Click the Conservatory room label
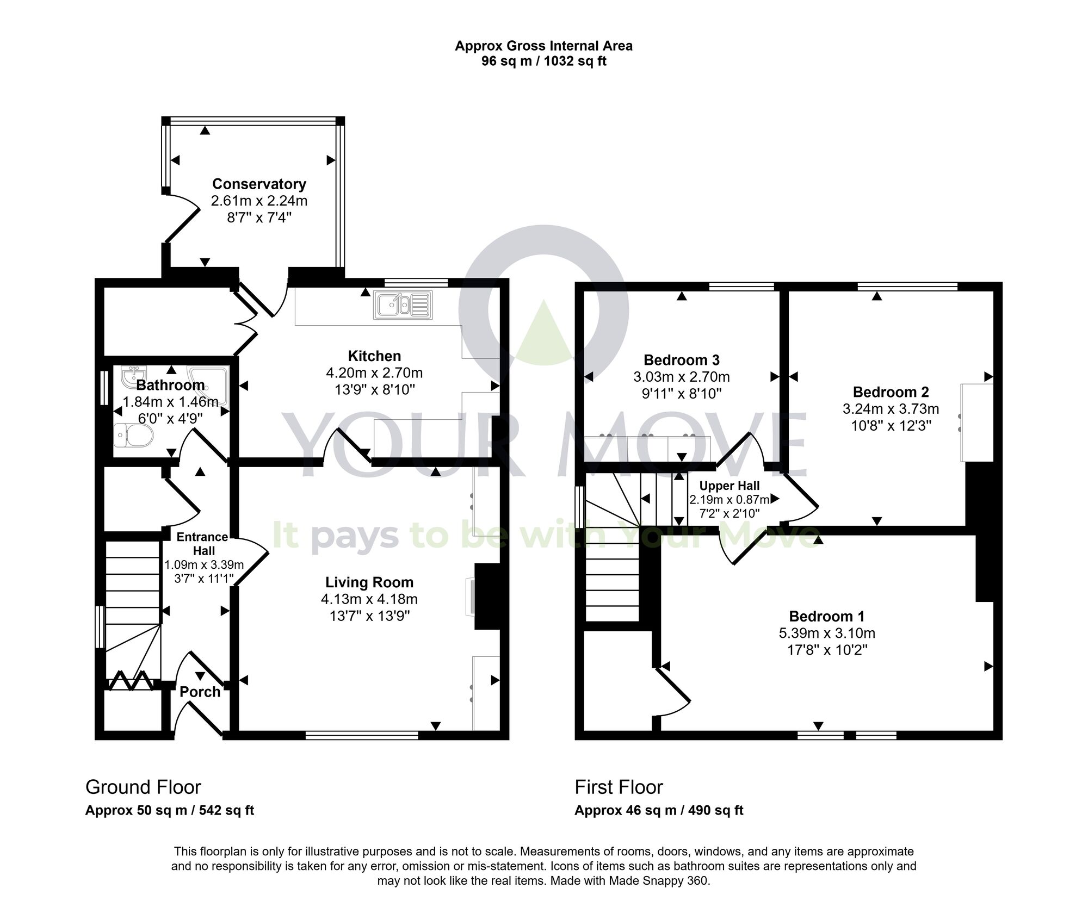259,184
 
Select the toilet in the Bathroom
135,435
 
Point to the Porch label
200,692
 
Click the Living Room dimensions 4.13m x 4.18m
369,599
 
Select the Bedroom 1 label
826,616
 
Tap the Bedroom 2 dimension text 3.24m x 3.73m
891,408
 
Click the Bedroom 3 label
681,360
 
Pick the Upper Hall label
729,486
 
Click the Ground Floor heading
143,787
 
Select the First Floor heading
619,787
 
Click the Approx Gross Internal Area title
543,46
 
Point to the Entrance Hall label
202,543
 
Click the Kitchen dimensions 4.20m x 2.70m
374,373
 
